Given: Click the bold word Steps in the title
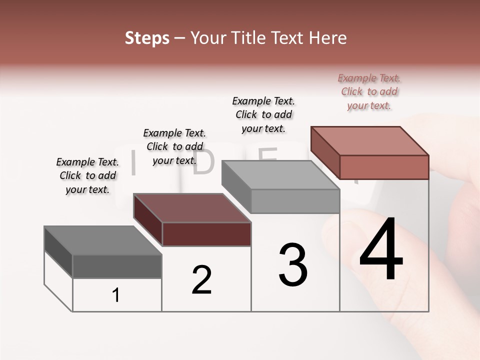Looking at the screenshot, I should [147, 38].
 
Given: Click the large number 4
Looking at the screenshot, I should [381, 250].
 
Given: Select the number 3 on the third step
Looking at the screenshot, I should [292, 265].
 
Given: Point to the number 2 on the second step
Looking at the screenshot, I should [201, 280].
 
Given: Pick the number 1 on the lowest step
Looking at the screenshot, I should [116, 295].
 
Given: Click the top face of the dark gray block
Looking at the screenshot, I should [102, 240].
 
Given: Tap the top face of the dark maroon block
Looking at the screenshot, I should [192, 208].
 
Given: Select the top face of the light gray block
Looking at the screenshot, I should [280, 175].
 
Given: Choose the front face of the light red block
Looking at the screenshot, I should [384, 167].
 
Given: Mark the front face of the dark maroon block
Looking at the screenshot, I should [206, 234].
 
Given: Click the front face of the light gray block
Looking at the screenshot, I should [295, 201].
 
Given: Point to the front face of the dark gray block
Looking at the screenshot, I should [117, 266].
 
